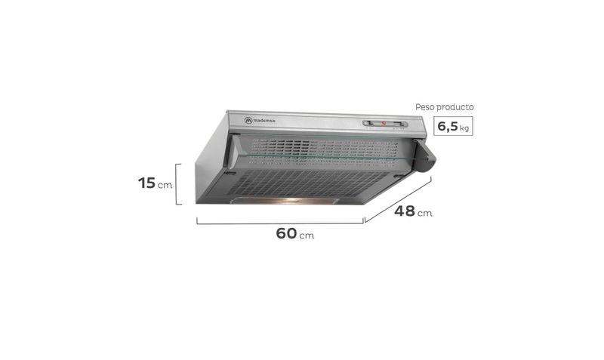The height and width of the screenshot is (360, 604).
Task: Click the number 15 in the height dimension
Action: pos(146,183)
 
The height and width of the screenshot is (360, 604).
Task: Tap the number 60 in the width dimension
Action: pos(286,233)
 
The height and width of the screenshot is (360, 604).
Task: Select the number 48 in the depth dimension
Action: pos(405,211)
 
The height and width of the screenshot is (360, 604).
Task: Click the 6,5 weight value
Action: pos(448,126)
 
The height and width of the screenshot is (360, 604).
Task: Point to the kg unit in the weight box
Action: pos(464,128)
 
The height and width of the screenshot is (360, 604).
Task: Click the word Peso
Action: pos(424,107)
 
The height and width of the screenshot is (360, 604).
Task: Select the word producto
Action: pos(455,107)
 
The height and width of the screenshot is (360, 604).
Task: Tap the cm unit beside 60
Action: pos(307,235)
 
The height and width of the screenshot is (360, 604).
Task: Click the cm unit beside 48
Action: pos(424,214)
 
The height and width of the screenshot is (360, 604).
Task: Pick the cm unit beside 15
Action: pos(165,185)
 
